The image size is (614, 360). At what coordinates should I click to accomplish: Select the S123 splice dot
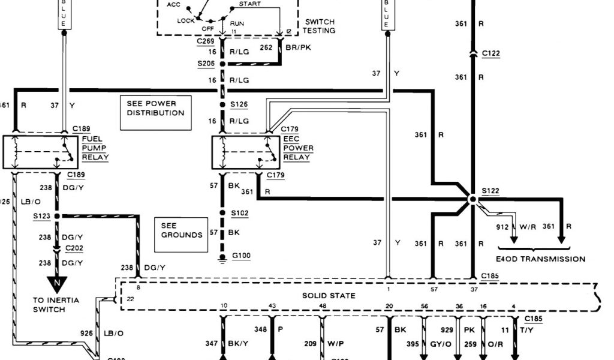click(x=57, y=215)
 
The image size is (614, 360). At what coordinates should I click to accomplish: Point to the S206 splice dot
click(x=222, y=63)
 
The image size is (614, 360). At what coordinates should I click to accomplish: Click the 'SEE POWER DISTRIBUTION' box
click(x=155, y=112)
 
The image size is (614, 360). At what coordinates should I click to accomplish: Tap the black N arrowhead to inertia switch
click(x=58, y=283)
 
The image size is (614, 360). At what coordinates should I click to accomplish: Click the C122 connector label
click(x=490, y=53)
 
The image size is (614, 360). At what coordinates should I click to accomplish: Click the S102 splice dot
click(x=222, y=212)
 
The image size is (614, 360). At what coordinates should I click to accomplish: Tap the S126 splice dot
click(x=222, y=103)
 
